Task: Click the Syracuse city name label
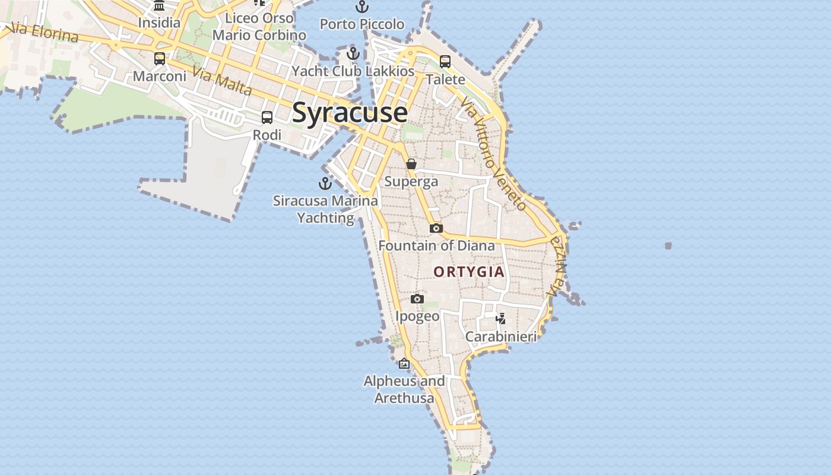[350, 112]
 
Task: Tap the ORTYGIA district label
[469, 272]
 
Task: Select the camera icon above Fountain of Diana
[436, 228]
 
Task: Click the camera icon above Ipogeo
[417, 299]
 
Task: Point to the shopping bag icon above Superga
[411, 164]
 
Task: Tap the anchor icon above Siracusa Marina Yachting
[325, 183]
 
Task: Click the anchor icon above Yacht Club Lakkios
[353, 53]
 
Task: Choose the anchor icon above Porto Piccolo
[361, 7]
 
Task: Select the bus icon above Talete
[445, 61]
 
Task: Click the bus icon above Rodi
[267, 118]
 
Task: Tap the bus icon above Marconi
[159, 59]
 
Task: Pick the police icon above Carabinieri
[500, 319]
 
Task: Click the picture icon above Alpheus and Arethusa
[404, 363]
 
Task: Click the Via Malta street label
[223, 83]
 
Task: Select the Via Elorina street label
[45, 33]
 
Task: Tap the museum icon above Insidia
[158, 6]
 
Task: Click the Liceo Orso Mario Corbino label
[259, 27]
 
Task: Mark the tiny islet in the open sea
[668, 245]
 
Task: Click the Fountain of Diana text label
[436, 245]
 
